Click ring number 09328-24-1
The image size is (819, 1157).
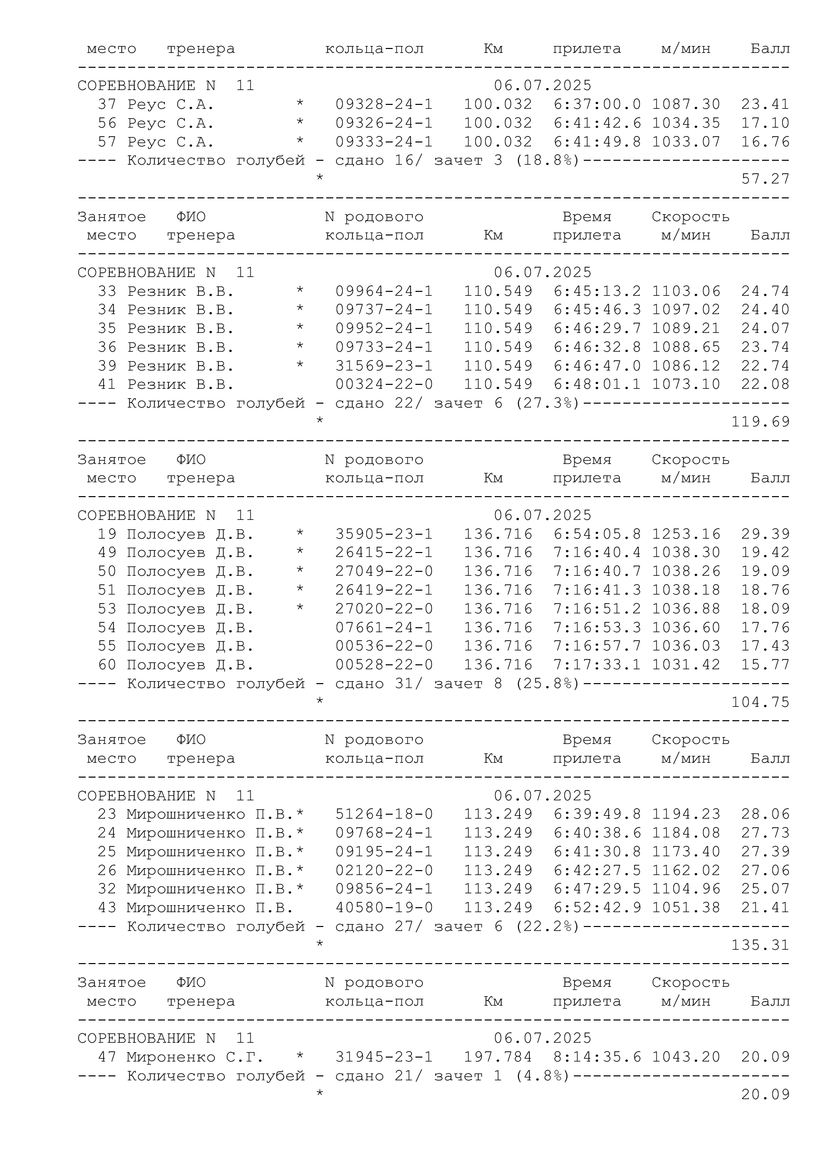click(384, 104)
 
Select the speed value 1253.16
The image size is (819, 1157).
click(686, 534)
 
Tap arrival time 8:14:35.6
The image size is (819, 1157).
click(597, 1057)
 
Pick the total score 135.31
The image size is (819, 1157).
click(760, 945)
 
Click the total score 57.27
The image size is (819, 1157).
click(765, 179)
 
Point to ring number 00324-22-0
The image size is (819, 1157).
click(384, 384)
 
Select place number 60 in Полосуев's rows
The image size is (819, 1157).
click(107, 665)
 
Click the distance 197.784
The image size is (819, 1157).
click(498, 1057)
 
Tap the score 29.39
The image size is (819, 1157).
click(765, 534)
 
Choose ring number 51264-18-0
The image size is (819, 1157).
click(384, 814)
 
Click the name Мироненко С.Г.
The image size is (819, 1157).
click(195, 1057)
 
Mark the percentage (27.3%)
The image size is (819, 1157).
click(547, 403)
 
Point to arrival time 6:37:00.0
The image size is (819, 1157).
click(597, 104)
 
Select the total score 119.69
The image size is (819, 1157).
click(760, 422)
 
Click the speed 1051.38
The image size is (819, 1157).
click(686, 908)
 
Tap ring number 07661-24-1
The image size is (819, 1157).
click(384, 627)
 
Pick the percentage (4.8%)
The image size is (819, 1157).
click(542, 1076)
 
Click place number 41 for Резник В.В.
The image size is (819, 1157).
click(107, 384)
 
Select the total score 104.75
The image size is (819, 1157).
click(760, 702)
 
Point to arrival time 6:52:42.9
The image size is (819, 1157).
click(597, 908)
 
